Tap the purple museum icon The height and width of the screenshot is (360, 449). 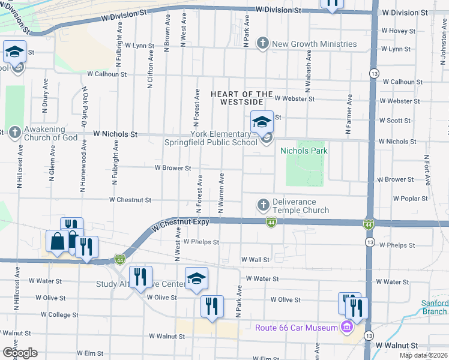click(346, 328)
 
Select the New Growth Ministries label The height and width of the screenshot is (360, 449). click(314, 44)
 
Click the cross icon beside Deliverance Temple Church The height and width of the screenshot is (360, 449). click(262, 205)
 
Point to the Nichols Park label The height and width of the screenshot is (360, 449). click(304, 151)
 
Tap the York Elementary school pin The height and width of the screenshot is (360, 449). click(262, 122)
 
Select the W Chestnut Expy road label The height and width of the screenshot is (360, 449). click(180, 225)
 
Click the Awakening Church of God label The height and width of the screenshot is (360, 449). click(51, 137)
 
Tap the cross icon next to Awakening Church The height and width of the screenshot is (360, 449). click(14, 132)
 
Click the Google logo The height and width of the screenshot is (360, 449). click(19, 352)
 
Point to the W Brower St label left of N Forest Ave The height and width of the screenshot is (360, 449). click(173, 168)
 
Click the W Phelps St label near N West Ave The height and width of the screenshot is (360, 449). click(201, 241)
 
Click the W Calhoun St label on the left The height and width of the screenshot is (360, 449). click(107, 74)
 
